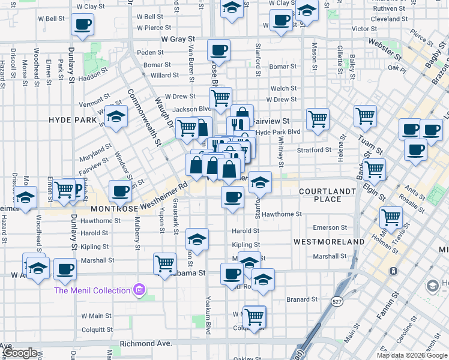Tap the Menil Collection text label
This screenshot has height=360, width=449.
pyautogui.click(x=92, y=290)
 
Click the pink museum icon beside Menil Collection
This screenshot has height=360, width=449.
pyautogui.click(x=139, y=290)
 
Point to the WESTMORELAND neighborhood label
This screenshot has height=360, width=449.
pyautogui.click(x=329, y=241)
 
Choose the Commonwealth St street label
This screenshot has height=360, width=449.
pyautogui.click(x=144, y=118)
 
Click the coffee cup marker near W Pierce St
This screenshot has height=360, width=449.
pyautogui.click(x=83, y=25)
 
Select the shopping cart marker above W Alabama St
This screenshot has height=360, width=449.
pyautogui.click(x=164, y=263)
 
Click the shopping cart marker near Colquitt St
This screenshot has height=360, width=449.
pyautogui.click(x=255, y=316)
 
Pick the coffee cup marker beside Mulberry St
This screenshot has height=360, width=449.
pyautogui.click(x=120, y=191)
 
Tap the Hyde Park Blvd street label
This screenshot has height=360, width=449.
pyautogui.click(x=278, y=132)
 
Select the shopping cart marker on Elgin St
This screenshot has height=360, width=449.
pyautogui.click(x=374, y=169)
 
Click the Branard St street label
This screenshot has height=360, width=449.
pyautogui.click(x=301, y=299)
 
